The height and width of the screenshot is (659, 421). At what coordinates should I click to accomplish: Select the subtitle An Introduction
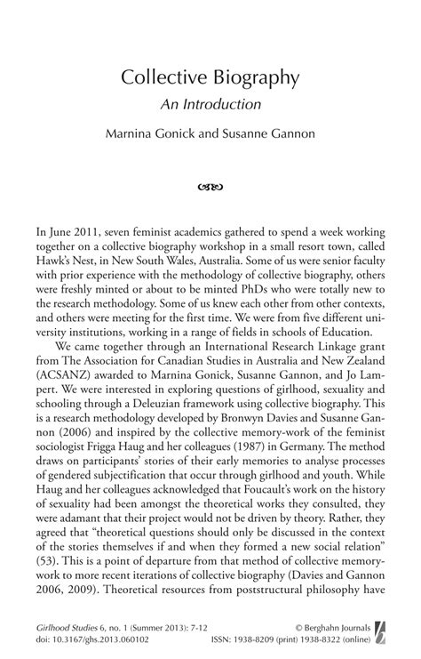(x=210, y=103)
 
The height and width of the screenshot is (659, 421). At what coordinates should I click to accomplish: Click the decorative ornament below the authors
(x=210, y=187)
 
